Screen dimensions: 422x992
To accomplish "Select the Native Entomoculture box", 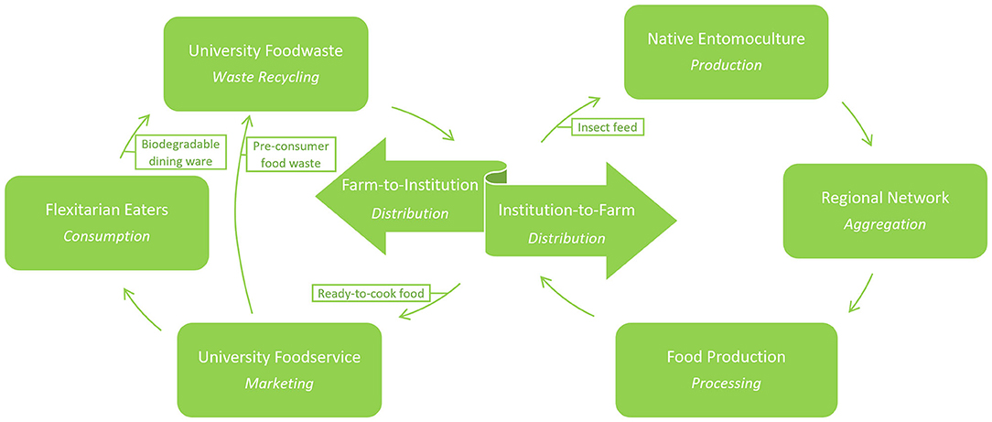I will (726, 51).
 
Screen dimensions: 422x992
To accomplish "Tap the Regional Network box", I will (885, 210).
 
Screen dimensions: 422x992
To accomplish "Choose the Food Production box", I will (726, 369).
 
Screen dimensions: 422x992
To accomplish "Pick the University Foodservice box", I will (278, 369).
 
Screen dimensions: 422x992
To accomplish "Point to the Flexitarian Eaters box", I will (106, 222).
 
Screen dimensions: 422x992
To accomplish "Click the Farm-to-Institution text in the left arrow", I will (410, 185).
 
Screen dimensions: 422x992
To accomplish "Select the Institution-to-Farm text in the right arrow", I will (566, 211).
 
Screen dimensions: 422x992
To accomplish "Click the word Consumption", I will (106, 236).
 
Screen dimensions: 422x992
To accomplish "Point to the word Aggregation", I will (885, 224).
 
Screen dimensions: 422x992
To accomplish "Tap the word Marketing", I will (278, 384).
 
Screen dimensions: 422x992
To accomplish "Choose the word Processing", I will (726, 384).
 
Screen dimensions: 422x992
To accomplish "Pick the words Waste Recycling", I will (265, 77).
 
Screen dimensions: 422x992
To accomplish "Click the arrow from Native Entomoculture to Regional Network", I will (859, 125).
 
